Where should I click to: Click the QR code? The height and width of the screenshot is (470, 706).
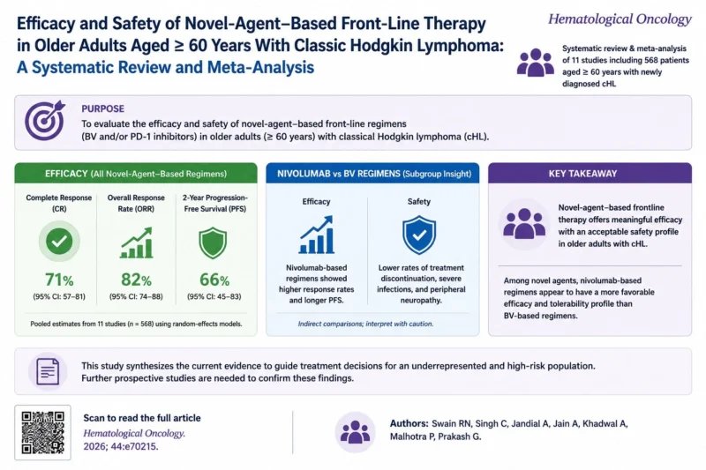pyautogui.click(x=42, y=432)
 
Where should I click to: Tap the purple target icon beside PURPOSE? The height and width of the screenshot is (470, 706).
pyautogui.click(x=45, y=120)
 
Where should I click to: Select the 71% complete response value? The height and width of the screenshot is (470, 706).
pyautogui.click(x=59, y=280)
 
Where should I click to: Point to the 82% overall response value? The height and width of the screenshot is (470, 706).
pyautogui.click(x=136, y=280)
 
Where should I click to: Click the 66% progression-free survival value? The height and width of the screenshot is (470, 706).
pyautogui.click(x=214, y=280)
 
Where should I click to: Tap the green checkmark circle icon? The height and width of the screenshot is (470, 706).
pyautogui.click(x=59, y=242)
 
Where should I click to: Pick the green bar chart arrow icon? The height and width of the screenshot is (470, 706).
pyautogui.click(x=136, y=242)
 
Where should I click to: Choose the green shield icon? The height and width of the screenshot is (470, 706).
pyautogui.click(x=213, y=242)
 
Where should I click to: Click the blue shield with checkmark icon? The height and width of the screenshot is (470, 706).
pyautogui.click(x=419, y=235)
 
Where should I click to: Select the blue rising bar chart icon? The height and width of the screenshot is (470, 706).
pyautogui.click(x=317, y=235)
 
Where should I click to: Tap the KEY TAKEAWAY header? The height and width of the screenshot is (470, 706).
pyautogui.click(x=582, y=174)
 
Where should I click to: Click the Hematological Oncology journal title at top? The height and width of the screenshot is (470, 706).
pyautogui.click(x=620, y=19)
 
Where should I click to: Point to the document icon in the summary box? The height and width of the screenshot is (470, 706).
pyautogui.click(x=48, y=371)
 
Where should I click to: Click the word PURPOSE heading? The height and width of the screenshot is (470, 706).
pyautogui.click(x=102, y=108)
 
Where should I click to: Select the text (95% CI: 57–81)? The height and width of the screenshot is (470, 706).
pyautogui.click(x=59, y=296)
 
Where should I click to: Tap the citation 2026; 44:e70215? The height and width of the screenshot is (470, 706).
pyautogui.click(x=121, y=446)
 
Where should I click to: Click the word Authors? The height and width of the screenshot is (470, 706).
pyautogui.click(x=409, y=423)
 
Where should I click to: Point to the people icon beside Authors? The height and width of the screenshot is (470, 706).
pyautogui.click(x=356, y=432)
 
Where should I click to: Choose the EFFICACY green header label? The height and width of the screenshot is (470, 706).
pyautogui.click(x=66, y=174)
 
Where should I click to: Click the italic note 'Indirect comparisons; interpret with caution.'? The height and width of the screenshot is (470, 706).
pyautogui.click(x=365, y=324)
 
